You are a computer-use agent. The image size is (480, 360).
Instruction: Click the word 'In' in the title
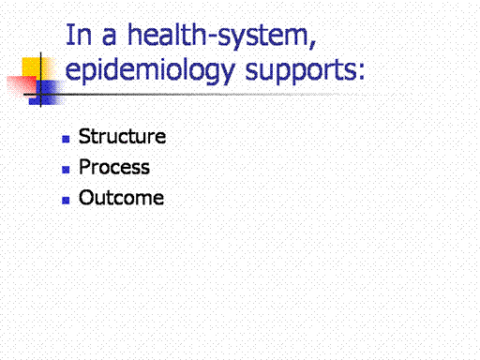79,35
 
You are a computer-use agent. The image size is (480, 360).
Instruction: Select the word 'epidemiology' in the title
150,70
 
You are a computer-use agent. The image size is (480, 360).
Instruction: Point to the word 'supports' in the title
301,71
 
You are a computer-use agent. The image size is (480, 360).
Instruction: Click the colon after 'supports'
361,71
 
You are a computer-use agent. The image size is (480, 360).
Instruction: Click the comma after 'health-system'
312,45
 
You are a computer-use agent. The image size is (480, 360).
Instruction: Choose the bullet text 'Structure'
122,136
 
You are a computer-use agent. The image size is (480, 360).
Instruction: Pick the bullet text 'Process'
114,167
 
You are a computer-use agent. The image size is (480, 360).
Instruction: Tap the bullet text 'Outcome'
121,198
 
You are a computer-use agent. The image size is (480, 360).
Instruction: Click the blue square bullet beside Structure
66,139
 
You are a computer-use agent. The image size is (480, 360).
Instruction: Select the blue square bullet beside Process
66,170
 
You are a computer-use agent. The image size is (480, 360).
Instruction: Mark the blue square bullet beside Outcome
66,201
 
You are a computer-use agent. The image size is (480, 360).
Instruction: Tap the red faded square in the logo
22,85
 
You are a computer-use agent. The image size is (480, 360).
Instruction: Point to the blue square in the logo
46,93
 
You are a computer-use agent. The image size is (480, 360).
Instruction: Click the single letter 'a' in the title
109,37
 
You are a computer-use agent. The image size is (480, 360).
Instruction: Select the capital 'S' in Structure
84,136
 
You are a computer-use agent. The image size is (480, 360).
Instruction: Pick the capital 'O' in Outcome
86,198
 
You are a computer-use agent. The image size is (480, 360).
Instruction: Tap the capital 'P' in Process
85,167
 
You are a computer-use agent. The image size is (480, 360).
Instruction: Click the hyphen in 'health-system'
212,38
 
